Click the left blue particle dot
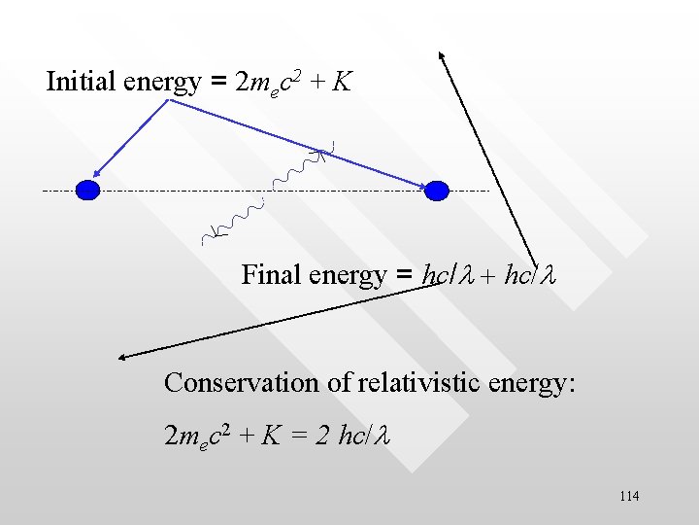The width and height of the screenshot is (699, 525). pos(88,190)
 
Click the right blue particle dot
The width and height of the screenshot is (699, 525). pos(438,190)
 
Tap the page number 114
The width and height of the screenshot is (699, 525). pos(628,497)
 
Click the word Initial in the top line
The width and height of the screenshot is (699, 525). pos(83,81)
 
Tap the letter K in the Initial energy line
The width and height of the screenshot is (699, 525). pos(341,82)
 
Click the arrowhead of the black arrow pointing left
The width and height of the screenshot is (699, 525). pos(122,357)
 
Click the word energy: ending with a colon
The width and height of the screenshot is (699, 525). pos(534,382)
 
